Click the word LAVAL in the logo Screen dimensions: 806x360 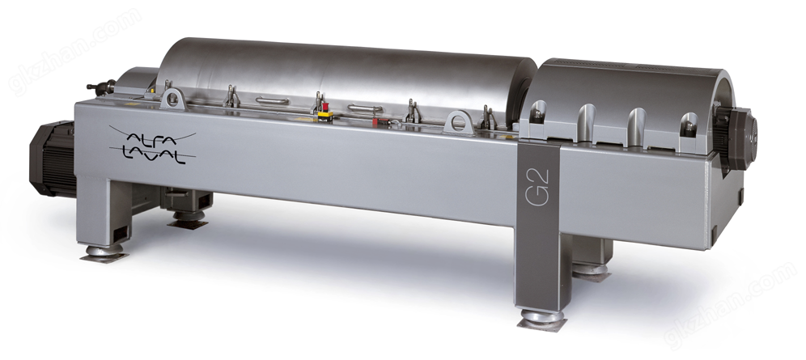(153, 155)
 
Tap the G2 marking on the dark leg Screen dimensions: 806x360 (538, 188)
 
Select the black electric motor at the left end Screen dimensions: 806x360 (53, 159)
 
